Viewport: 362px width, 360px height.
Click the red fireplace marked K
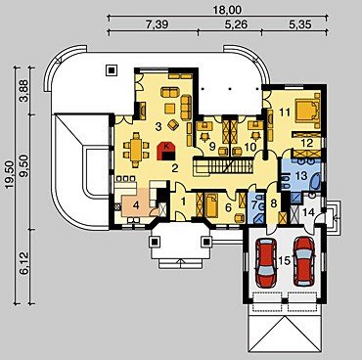coord(166,152)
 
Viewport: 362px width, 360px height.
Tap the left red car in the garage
coord(265,261)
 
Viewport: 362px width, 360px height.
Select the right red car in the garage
coord(304,261)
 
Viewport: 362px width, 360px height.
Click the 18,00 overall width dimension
coord(227,10)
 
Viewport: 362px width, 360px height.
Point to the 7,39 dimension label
coord(157,24)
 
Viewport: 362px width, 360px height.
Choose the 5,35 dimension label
coord(299,24)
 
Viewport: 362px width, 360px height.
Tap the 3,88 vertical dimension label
coord(24,91)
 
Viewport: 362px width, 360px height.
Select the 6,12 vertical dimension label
coord(24,263)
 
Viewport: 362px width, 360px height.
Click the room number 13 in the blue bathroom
coord(301,176)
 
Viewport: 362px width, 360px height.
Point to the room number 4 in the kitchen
coord(136,205)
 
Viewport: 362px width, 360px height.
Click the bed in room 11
coord(307,110)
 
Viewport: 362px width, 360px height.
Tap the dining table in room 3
coord(136,151)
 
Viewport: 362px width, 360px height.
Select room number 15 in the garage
coord(285,260)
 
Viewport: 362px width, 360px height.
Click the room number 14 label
coord(308,213)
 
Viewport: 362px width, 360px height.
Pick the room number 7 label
coord(253,205)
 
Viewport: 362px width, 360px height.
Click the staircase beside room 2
coord(223,165)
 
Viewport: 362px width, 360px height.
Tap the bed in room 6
coord(211,204)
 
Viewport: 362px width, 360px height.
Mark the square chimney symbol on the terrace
coord(112,69)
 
